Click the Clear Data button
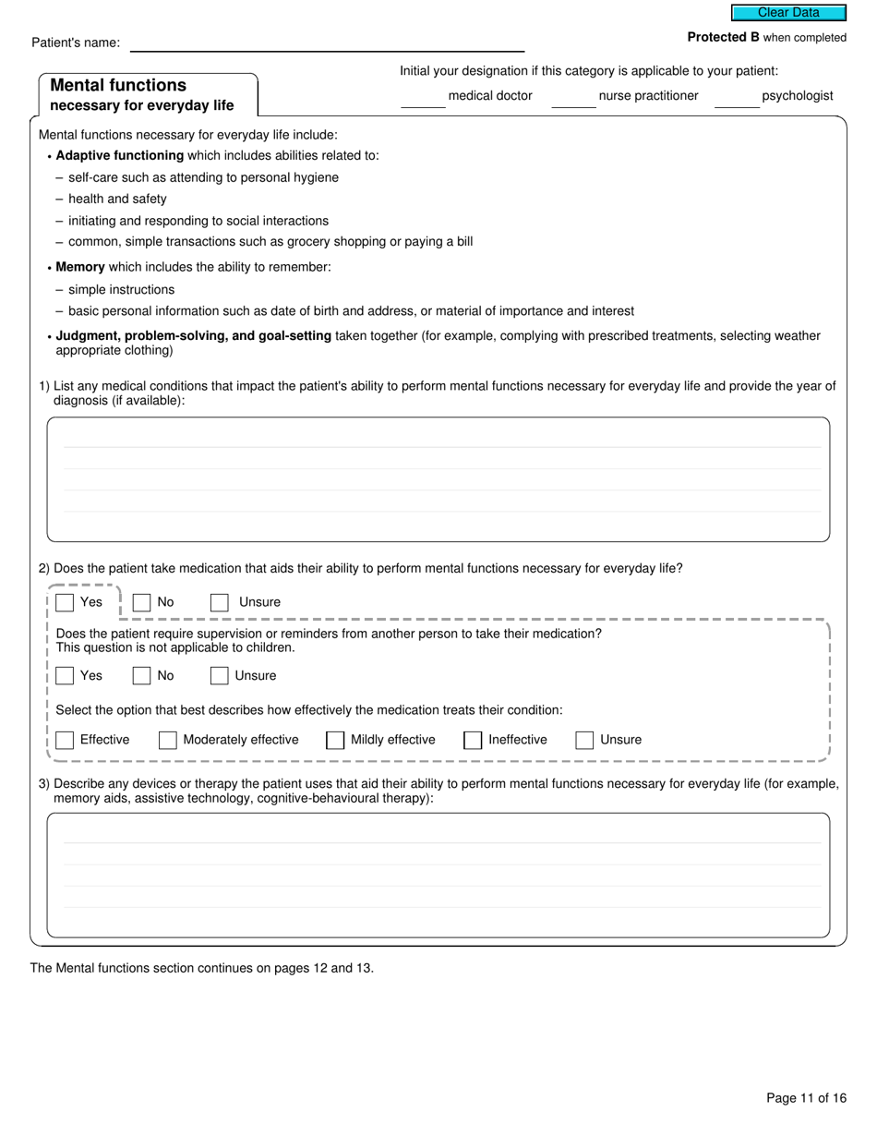tap(788, 13)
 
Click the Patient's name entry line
tap(327, 42)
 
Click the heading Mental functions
tap(118, 85)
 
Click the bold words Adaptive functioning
tap(120, 155)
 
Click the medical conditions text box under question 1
tap(438, 478)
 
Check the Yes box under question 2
tap(65, 602)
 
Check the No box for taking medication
tap(141, 602)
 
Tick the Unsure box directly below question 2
tap(220, 602)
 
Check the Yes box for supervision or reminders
tap(65, 675)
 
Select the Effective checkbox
tap(65, 740)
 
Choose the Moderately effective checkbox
tap(168, 740)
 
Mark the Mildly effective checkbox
tap(335, 740)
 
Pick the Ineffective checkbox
tap(473, 740)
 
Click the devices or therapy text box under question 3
tap(438, 875)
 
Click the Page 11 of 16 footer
tap(806, 1098)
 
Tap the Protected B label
tap(723, 38)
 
